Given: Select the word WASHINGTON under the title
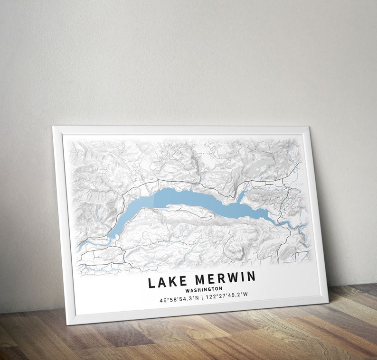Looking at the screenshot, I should tap(204, 289).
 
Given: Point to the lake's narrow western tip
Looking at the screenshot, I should tap(112, 235).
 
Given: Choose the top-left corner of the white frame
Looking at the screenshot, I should tap(53, 127).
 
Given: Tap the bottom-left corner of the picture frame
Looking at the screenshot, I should tap(68, 324).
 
